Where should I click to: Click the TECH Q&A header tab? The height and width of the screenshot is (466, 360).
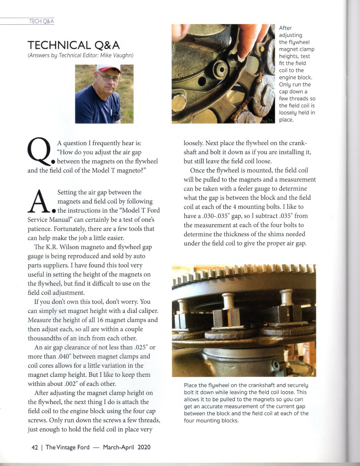click(41, 21)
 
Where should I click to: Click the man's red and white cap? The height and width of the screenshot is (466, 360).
click(108, 68)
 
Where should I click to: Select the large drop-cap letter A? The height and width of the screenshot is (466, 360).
click(39, 201)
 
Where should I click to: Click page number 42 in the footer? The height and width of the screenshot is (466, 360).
click(35, 447)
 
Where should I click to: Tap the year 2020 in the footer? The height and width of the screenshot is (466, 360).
click(144, 447)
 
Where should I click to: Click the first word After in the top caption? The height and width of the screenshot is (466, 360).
click(285, 28)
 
